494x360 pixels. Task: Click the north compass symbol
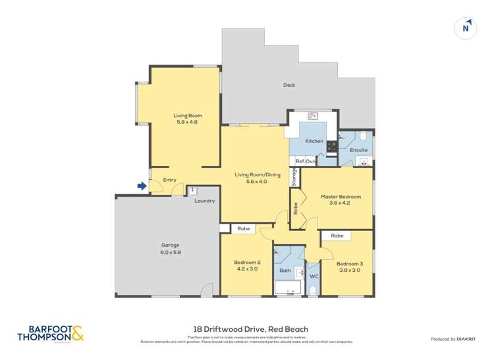tap(466, 28)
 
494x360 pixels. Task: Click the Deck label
tap(288, 85)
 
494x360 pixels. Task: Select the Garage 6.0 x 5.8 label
tap(170, 249)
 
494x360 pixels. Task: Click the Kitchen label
tap(314, 141)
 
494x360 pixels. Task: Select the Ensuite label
tap(358, 150)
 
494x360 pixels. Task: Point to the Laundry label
tap(204, 201)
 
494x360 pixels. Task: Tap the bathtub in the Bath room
tap(288, 288)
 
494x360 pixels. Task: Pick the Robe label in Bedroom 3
tap(337, 235)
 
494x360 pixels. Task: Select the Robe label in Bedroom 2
tap(243, 229)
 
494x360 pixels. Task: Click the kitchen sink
tap(314, 116)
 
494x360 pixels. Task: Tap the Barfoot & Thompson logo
tap(51, 334)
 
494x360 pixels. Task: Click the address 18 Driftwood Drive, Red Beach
tap(247, 329)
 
